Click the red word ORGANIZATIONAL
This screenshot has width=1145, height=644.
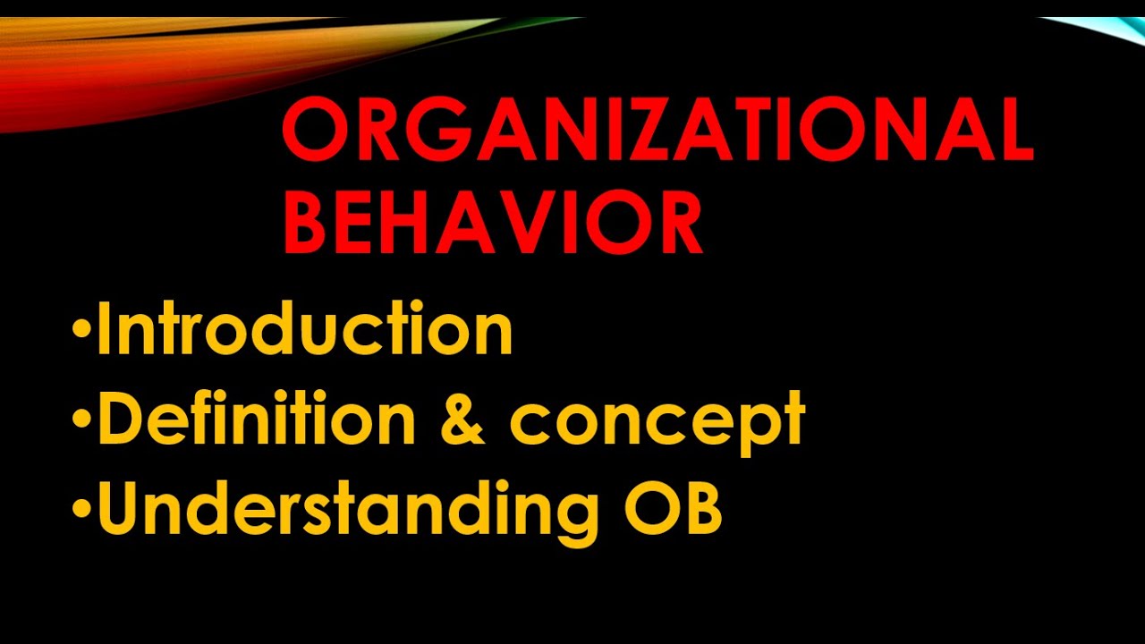[x=657, y=131]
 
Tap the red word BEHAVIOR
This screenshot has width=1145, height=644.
[x=493, y=225]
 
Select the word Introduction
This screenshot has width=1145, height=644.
[x=304, y=329]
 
